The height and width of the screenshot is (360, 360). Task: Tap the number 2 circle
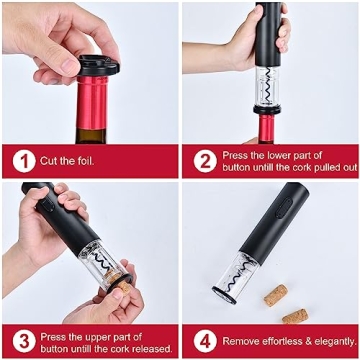click(x=205, y=160)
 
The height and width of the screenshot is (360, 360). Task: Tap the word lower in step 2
click(x=275, y=154)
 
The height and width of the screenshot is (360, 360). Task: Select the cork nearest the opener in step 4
click(x=276, y=297)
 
